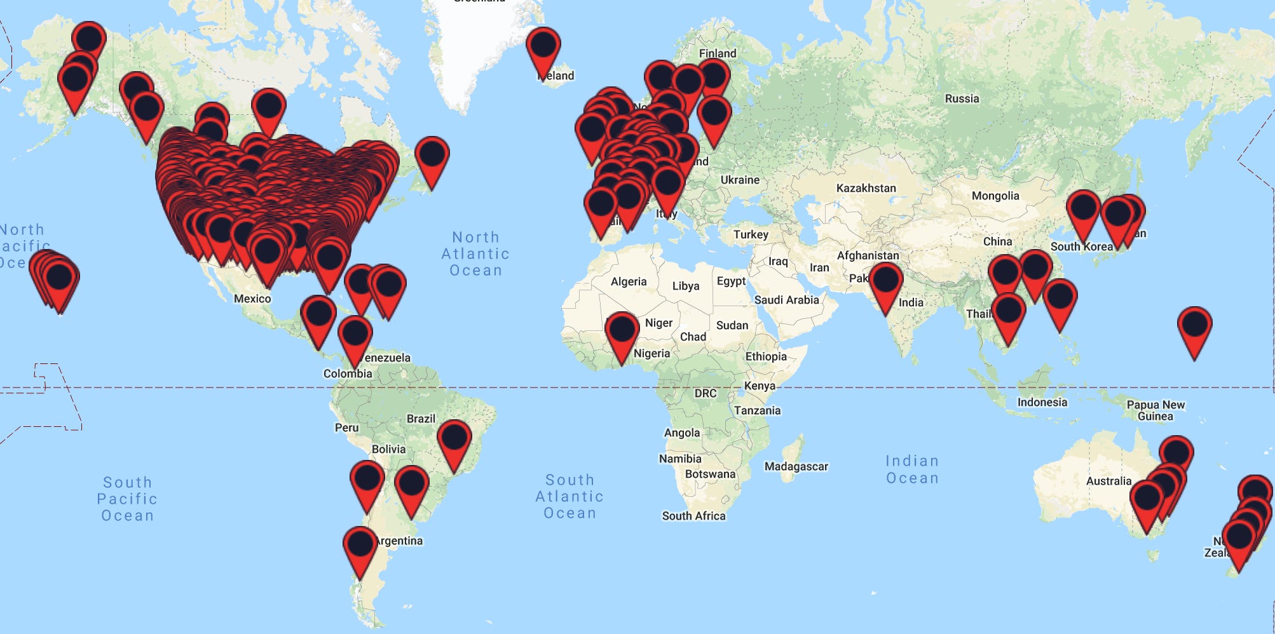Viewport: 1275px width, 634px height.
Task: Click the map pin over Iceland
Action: click(x=543, y=47)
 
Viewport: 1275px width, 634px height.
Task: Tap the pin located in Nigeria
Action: click(x=622, y=331)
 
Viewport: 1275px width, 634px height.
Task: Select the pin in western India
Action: click(x=885, y=281)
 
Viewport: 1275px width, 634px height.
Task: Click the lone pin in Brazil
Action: click(x=454, y=439)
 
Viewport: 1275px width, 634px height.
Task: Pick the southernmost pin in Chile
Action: click(x=360, y=546)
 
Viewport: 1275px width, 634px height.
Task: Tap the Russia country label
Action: click(x=962, y=98)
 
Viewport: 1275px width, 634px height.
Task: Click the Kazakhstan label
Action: click(x=866, y=188)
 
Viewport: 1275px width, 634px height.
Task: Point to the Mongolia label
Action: click(x=995, y=196)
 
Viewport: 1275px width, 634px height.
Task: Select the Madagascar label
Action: click(x=796, y=466)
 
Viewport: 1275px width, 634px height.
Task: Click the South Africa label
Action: click(x=693, y=516)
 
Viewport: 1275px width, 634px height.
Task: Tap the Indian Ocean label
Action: click(x=912, y=469)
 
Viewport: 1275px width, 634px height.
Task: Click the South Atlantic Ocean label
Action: click(x=569, y=496)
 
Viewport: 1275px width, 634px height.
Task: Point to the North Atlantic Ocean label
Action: click(x=475, y=253)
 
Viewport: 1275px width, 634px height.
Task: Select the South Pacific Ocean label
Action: click(x=127, y=499)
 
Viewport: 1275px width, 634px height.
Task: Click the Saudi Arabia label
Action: click(x=786, y=300)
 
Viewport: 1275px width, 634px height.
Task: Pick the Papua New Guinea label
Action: click(x=1156, y=410)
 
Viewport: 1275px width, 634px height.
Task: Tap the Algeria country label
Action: click(x=628, y=281)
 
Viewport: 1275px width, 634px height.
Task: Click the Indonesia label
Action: click(x=1042, y=402)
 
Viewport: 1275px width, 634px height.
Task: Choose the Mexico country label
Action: click(x=252, y=299)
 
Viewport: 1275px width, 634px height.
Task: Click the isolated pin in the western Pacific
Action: click(x=1194, y=326)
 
